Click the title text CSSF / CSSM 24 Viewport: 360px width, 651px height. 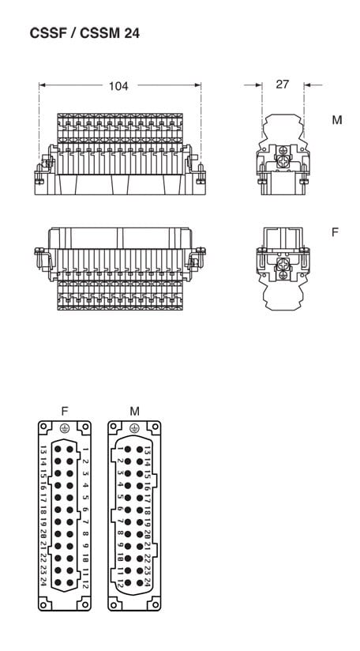(84, 33)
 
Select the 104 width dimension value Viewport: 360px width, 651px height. (118, 86)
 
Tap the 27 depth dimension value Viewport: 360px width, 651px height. (282, 85)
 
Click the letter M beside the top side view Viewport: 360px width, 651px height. (337, 120)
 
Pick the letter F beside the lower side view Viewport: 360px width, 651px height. (335, 232)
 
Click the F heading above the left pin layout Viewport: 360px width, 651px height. (64, 411)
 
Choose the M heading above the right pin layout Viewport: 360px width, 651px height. (134, 411)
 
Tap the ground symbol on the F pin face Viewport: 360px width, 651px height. (64, 428)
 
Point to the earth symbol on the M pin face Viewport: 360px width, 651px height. (134, 428)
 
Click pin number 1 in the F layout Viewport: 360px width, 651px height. (85, 450)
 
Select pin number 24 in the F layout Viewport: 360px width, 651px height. (43, 581)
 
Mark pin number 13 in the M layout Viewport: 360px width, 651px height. (147, 450)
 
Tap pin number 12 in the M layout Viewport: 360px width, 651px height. (120, 581)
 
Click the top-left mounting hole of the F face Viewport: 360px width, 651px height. (44, 427)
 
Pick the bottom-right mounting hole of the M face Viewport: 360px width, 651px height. (155, 604)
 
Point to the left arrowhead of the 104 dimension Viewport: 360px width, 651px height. (43, 85)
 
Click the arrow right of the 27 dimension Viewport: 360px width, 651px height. (313, 85)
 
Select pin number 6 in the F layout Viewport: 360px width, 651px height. (85, 509)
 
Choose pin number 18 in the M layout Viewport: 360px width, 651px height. (147, 510)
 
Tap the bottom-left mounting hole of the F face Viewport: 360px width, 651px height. (44, 604)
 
